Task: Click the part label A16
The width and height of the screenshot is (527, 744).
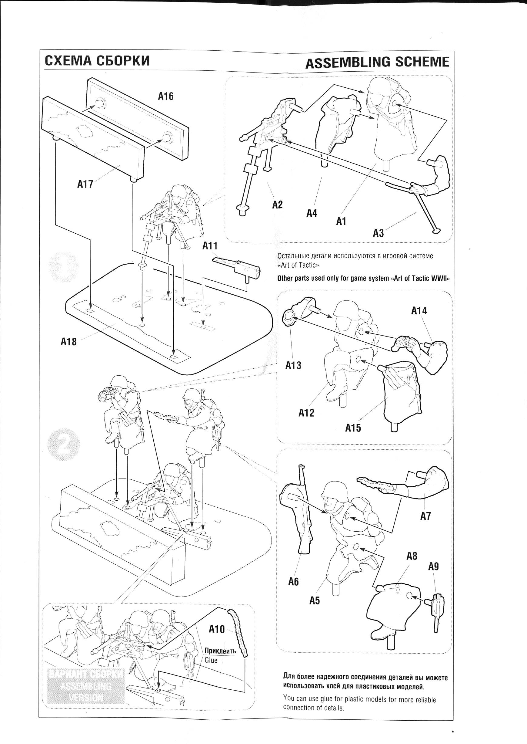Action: click(165, 96)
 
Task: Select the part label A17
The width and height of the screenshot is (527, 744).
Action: click(85, 184)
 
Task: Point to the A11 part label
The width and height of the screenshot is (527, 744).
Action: click(210, 246)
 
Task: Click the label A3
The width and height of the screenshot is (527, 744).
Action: click(378, 233)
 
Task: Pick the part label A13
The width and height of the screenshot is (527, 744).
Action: click(293, 366)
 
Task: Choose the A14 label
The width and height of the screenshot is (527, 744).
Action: click(419, 311)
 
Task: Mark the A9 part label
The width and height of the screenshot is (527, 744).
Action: click(433, 566)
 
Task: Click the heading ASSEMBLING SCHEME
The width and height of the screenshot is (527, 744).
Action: click(377, 63)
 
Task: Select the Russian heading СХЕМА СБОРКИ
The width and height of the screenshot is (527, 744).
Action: click(97, 61)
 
